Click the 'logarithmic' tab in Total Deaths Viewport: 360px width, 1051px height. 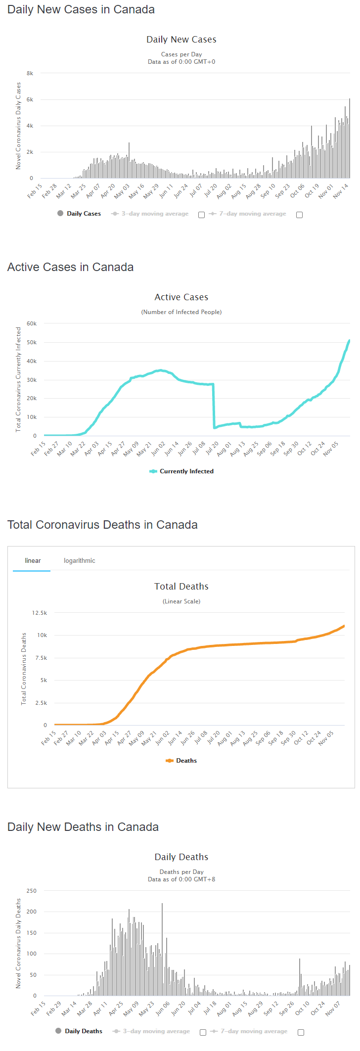[79, 560]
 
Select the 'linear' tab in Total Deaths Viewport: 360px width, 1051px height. [33, 560]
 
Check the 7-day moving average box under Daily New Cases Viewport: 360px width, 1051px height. [299, 215]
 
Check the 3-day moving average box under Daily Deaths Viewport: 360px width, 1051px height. [203, 1032]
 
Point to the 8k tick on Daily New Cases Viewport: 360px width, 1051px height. [30, 73]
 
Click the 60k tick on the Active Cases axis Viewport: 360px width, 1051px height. [32, 323]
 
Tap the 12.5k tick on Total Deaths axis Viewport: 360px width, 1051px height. [40, 613]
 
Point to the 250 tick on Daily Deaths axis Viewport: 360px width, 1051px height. [32, 891]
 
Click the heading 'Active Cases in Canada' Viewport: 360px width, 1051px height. [70, 267]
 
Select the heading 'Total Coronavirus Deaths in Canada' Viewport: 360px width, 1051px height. [102, 525]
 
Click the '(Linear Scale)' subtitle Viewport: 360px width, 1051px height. [181, 601]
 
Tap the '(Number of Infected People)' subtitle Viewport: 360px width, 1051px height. [181, 312]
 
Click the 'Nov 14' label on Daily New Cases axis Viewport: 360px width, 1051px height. [341, 191]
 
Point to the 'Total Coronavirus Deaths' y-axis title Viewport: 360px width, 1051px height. [24, 669]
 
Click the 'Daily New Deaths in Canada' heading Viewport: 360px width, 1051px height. [83, 827]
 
